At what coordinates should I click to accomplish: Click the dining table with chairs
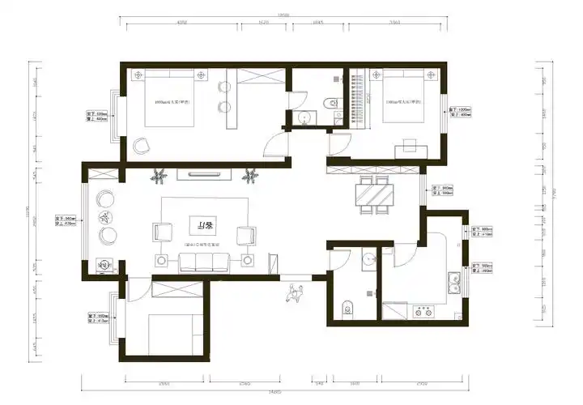(x=373, y=195)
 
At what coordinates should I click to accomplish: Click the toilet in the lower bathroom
(x=347, y=307)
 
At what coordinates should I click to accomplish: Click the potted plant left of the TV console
(x=160, y=173)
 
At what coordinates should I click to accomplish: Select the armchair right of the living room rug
(x=245, y=234)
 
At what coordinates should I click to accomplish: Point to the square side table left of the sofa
(x=160, y=260)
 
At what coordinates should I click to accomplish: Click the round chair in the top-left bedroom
(x=143, y=146)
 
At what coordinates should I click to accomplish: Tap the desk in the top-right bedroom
(x=408, y=147)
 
